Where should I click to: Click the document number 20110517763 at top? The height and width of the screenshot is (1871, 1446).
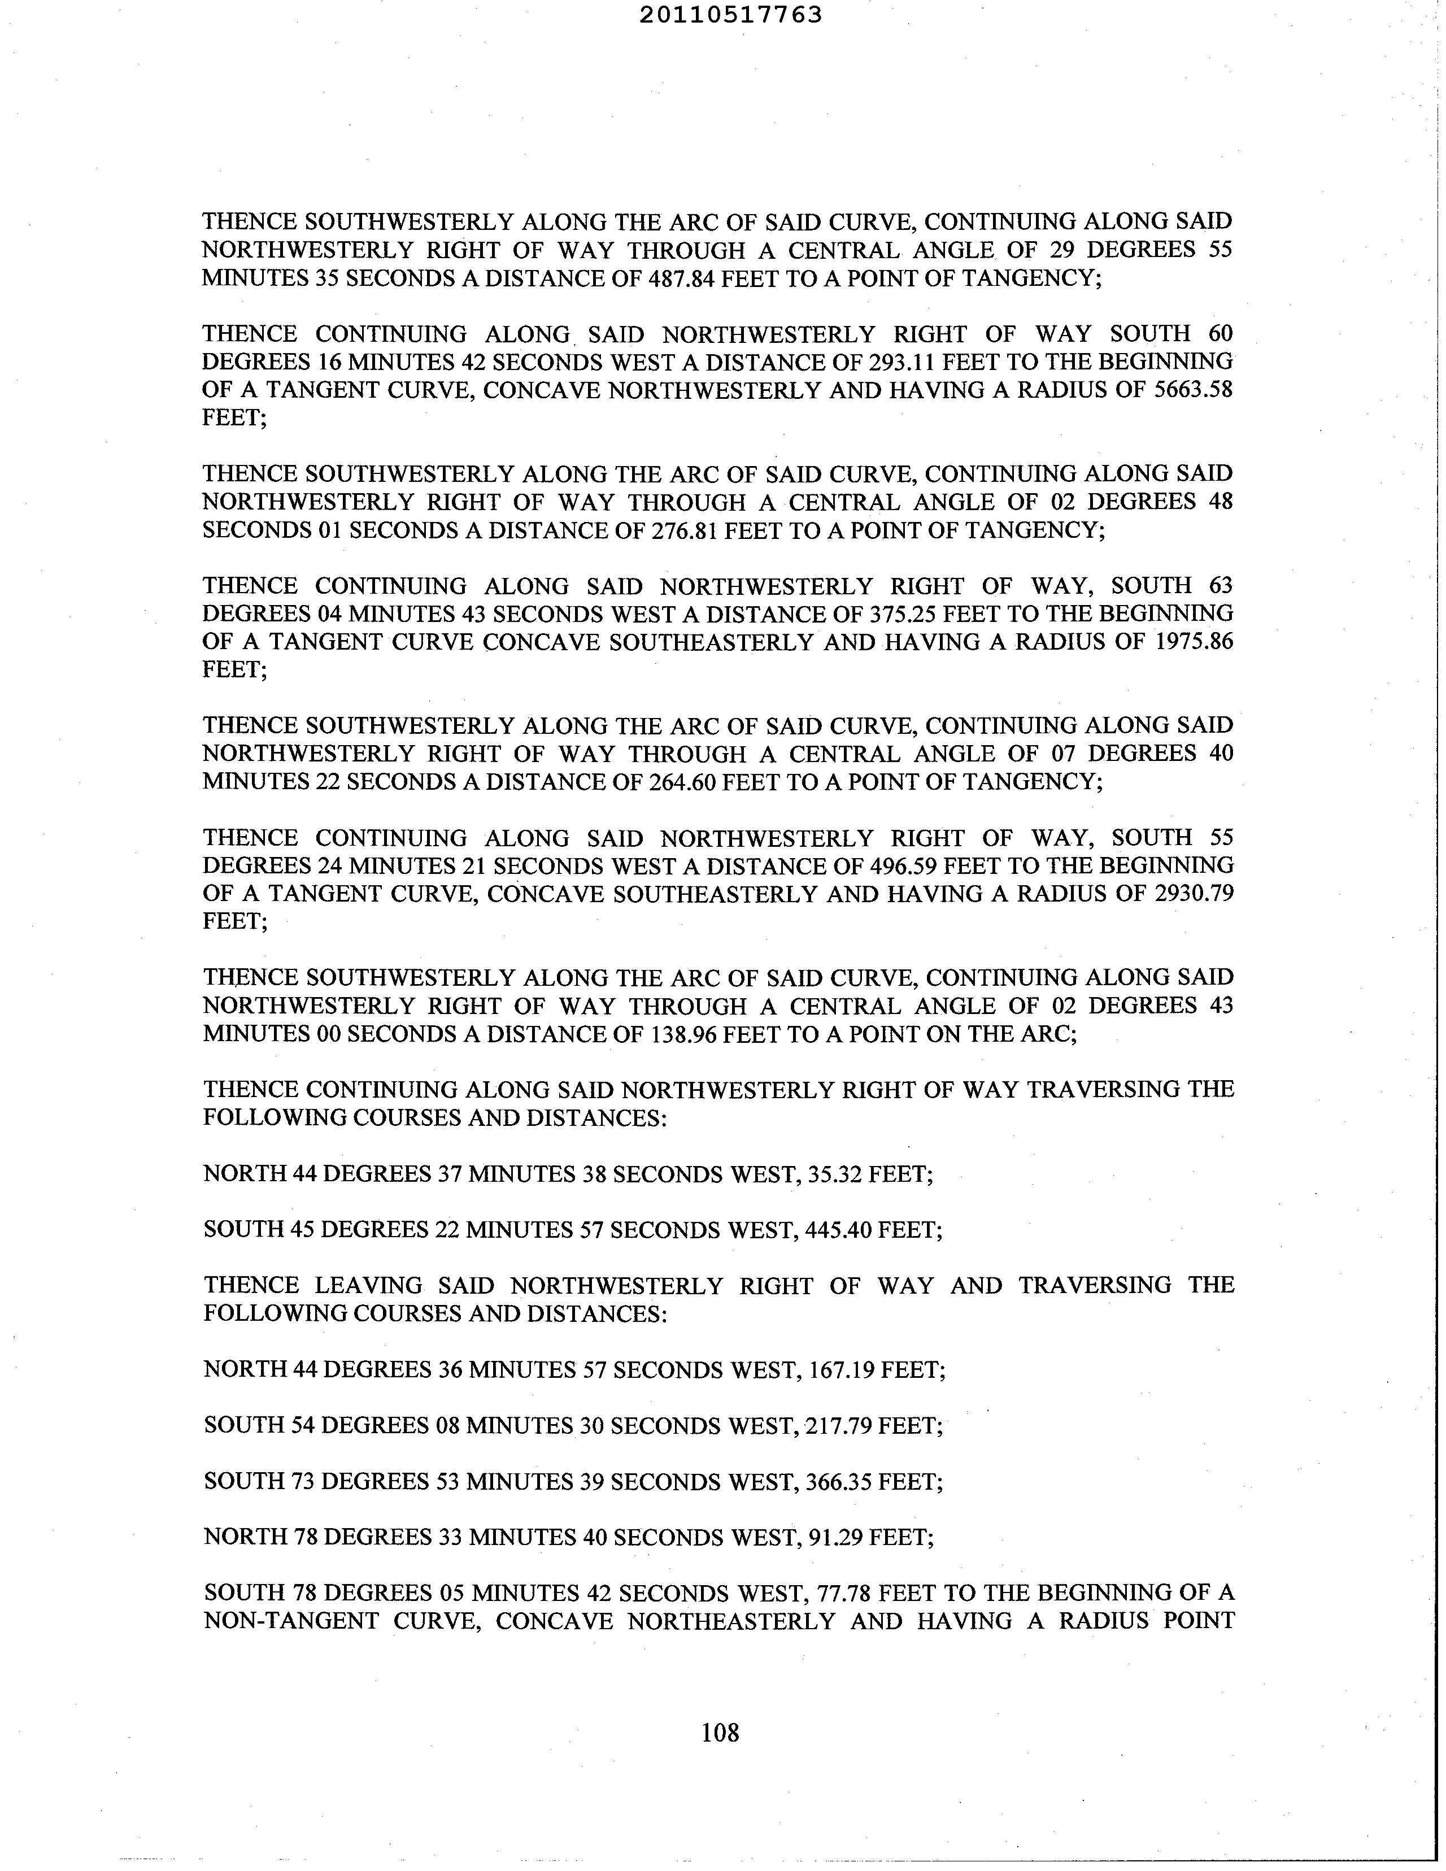click(x=731, y=15)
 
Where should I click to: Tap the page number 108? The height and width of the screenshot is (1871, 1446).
click(x=720, y=1733)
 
